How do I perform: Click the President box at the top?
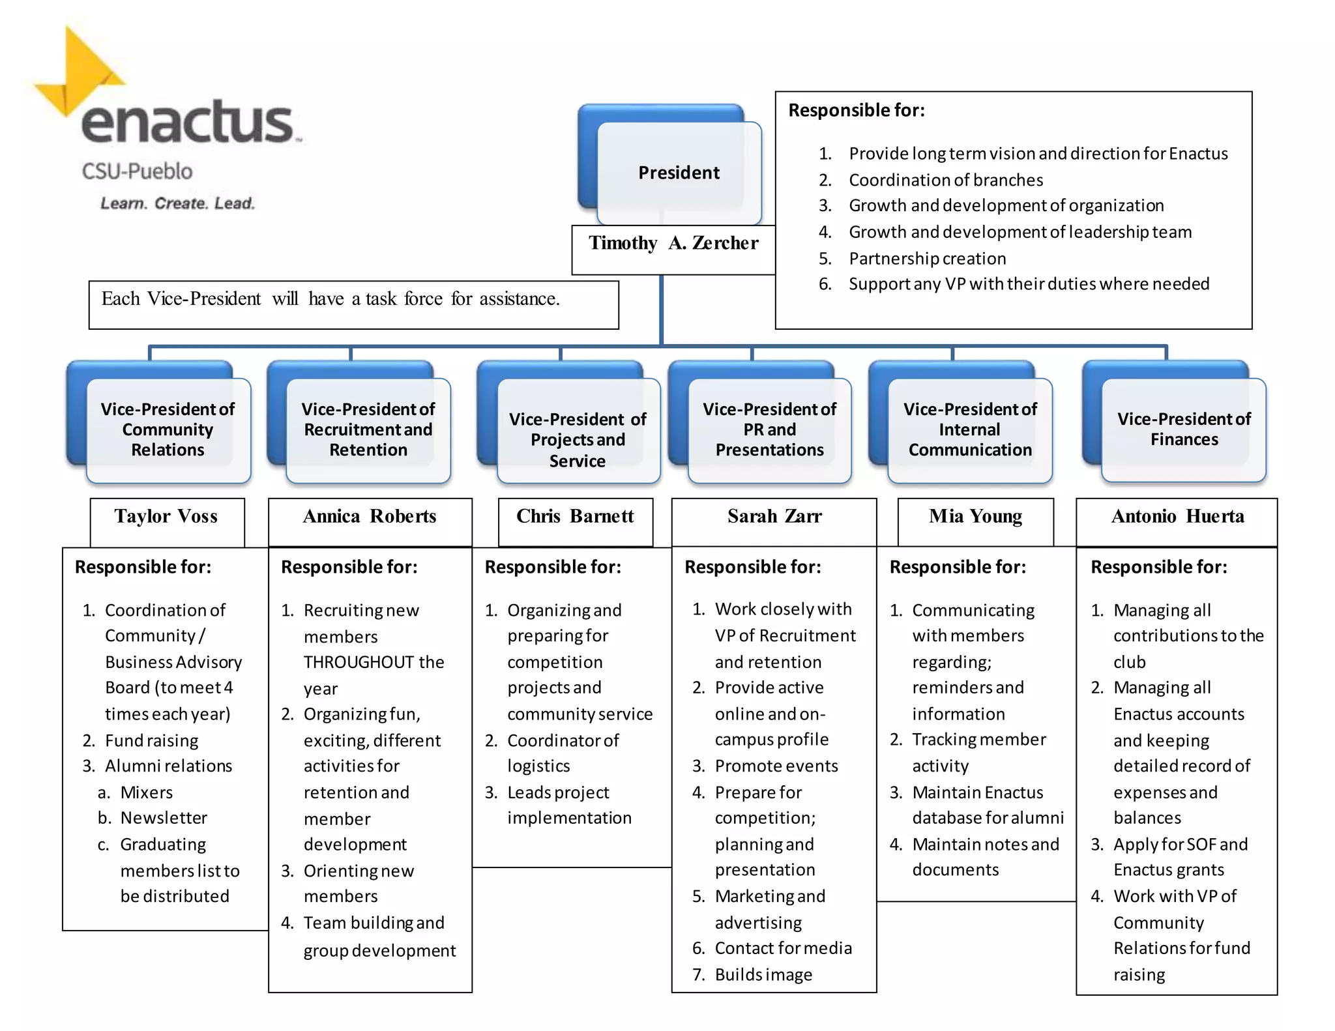(679, 173)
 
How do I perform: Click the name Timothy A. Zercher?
(673, 243)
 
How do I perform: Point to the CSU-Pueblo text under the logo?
(137, 171)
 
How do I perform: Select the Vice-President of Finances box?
(1183, 429)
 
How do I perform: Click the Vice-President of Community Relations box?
(168, 429)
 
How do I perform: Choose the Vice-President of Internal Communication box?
(969, 429)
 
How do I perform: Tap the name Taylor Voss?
(166, 516)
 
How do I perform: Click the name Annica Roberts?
(370, 516)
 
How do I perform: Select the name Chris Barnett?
(575, 516)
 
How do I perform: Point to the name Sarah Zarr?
(774, 516)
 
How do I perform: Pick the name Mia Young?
(975, 516)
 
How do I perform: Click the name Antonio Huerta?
(1177, 516)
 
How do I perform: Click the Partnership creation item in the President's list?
(927, 259)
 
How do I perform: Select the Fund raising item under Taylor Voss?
(151, 740)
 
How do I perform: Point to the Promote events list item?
(776, 766)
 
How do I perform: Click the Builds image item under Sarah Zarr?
(763, 974)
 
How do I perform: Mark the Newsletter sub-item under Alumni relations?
(163, 818)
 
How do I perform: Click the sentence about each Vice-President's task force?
(330, 298)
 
